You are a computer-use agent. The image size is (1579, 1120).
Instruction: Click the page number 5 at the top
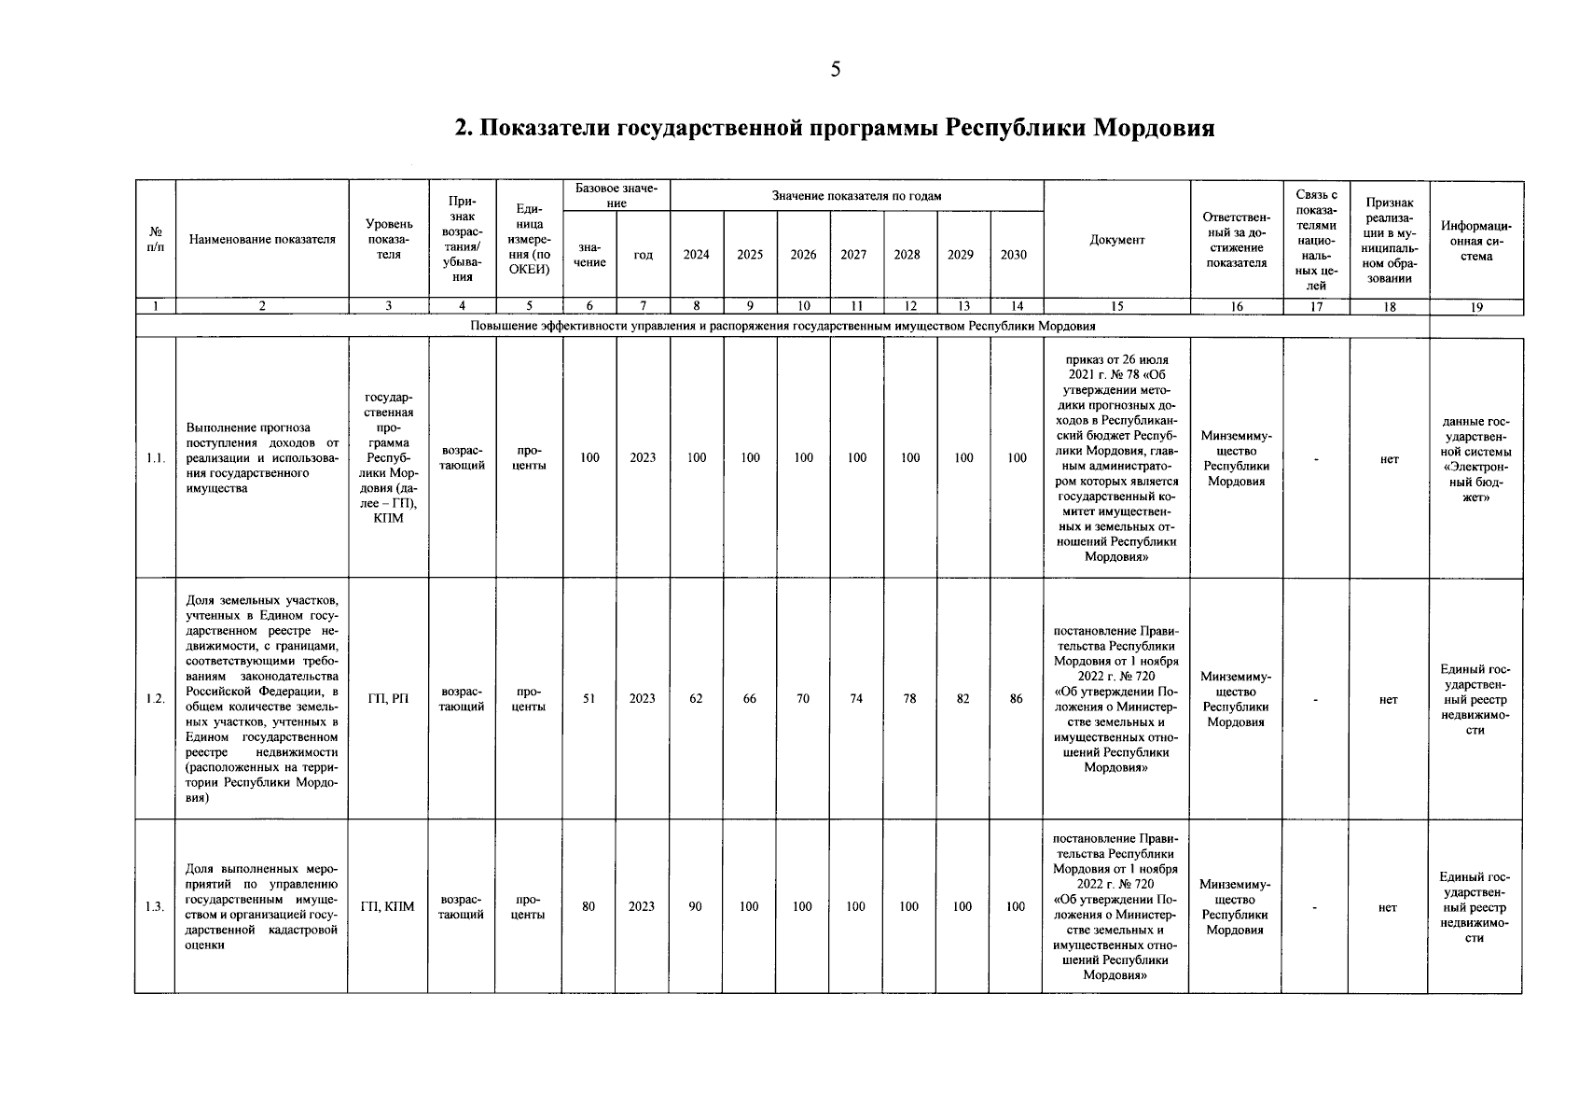[x=835, y=69]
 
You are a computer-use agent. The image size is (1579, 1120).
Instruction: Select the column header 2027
[x=853, y=255]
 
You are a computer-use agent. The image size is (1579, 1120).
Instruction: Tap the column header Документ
[x=1116, y=240]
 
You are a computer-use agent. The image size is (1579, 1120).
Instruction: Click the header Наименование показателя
[x=262, y=240]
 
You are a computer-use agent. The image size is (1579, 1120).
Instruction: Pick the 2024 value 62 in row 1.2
[x=696, y=698]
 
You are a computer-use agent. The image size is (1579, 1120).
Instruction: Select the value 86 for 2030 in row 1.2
[x=1017, y=698]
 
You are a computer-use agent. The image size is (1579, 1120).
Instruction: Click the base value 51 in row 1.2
[x=589, y=698]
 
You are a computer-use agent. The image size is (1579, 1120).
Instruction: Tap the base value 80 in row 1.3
[x=589, y=906]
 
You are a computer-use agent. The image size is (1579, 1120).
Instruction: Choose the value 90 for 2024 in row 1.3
[x=695, y=906]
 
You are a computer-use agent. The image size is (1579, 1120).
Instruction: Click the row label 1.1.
[x=155, y=458]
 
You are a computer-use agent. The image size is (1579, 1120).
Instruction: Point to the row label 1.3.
[x=155, y=906]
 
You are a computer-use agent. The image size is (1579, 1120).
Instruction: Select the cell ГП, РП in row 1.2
[x=388, y=698]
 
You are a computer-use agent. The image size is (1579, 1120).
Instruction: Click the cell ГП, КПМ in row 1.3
[x=388, y=906]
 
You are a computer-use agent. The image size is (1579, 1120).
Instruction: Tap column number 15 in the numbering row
[x=1116, y=306]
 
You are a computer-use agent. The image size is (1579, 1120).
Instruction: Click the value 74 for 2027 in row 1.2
[x=856, y=698]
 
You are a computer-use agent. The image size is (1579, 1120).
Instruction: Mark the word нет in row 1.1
[x=1390, y=458]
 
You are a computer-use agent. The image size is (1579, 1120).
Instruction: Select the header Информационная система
[x=1475, y=241]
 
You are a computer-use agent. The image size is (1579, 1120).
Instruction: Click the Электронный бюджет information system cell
[x=1475, y=458]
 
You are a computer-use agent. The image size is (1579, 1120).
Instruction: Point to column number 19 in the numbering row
[x=1475, y=306]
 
